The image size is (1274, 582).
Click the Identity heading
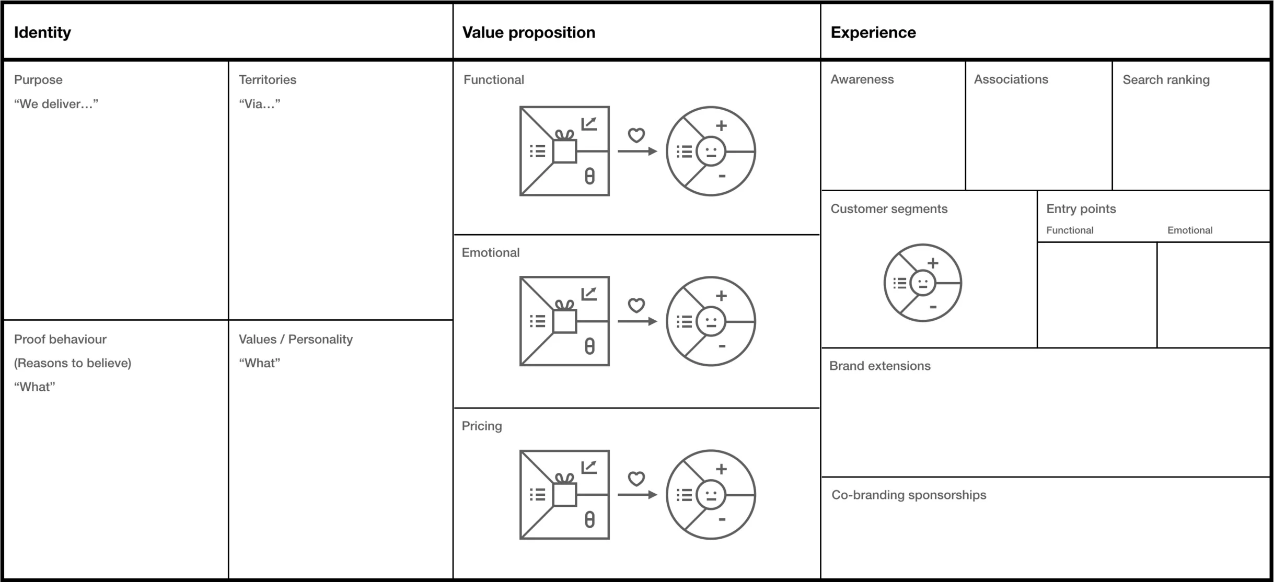[42, 32]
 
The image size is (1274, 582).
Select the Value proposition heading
[528, 32]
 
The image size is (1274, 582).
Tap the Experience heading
[873, 32]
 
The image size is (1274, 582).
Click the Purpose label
[38, 80]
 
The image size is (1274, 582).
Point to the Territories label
[267, 80]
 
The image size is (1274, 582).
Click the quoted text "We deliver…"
[56, 104]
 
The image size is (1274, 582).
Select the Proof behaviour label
[60, 339]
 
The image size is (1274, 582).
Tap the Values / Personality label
[295, 339]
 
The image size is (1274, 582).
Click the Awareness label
[862, 79]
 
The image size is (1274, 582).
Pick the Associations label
[1011, 79]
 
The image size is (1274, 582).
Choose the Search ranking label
[1166, 80]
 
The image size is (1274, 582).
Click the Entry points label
[1081, 209]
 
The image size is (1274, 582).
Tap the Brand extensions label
[879, 366]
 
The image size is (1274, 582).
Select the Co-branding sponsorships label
[908, 495]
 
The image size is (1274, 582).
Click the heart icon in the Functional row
[636, 135]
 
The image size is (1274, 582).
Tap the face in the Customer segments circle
[922, 283]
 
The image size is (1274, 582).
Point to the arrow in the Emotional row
[637, 321]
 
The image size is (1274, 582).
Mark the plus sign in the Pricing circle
[721, 469]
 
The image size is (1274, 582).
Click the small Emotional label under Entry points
[1189, 230]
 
